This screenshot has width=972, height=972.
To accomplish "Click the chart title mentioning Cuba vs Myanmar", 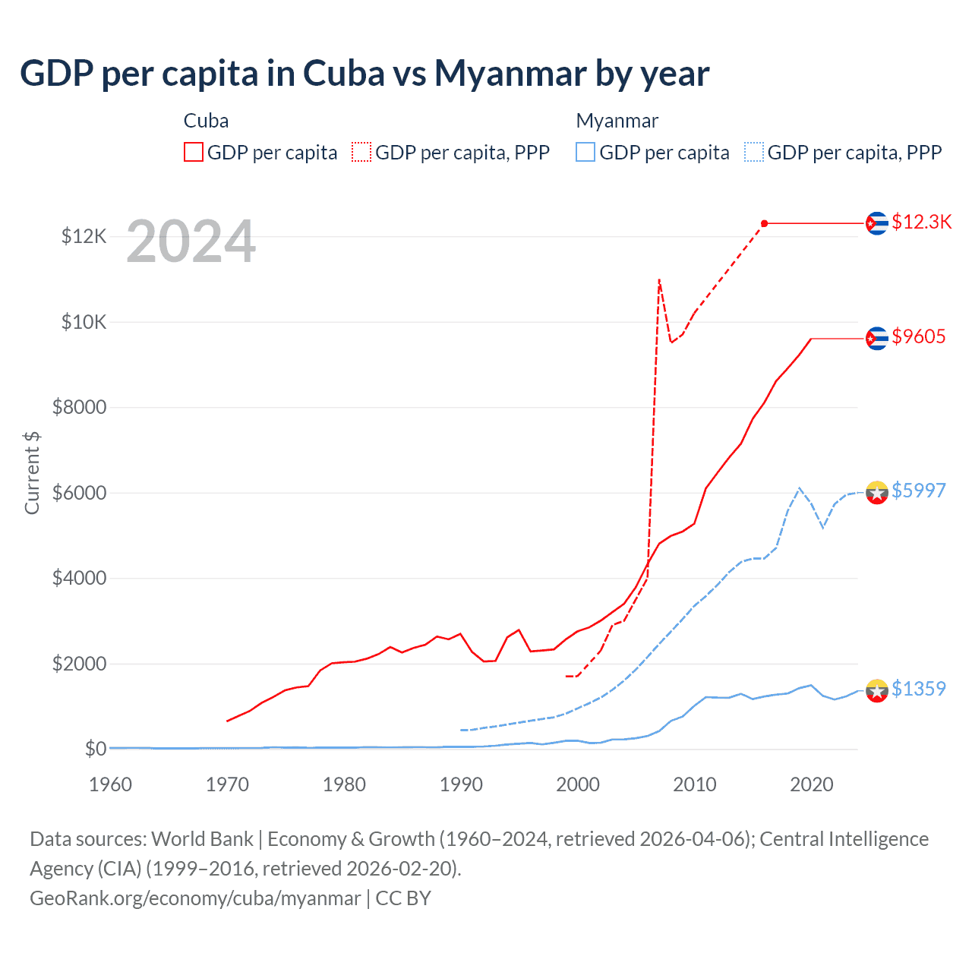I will pyautogui.click(x=364, y=74).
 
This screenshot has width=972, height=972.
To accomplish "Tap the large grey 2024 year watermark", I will pyautogui.click(x=191, y=241).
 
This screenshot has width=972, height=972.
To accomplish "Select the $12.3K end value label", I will pyautogui.click(x=921, y=222).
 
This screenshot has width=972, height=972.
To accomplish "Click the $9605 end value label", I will pyautogui.click(x=918, y=336).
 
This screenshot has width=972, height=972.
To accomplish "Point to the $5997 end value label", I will pyautogui.click(x=918, y=491).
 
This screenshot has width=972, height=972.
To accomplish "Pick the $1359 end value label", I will pyautogui.click(x=918, y=689).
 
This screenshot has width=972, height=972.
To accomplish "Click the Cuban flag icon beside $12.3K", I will pyautogui.click(x=877, y=223).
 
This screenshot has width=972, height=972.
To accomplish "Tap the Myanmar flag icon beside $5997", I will pyautogui.click(x=877, y=493).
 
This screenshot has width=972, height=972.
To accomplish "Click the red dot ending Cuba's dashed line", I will pyautogui.click(x=764, y=223).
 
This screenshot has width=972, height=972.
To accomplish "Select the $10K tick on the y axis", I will pyautogui.click(x=84, y=322).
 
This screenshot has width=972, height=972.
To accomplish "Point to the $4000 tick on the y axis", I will pyautogui.click(x=79, y=579).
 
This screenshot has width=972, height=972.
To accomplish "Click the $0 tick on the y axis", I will pyautogui.click(x=96, y=750).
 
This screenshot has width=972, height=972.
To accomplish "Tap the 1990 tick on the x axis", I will pyautogui.click(x=461, y=784).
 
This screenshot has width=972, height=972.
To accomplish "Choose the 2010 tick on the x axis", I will pyautogui.click(x=695, y=784).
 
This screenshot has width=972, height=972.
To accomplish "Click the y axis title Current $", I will pyautogui.click(x=32, y=472).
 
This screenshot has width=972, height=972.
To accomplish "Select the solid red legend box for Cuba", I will pyautogui.click(x=194, y=153).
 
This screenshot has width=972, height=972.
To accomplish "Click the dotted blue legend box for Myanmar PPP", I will pyautogui.click(x=754, y=153).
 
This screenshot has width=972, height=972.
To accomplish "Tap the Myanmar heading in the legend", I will pyautogui.click(x=617, y=121).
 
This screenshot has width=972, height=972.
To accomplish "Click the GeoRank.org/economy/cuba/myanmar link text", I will pyautogui.click(x=195, y=898).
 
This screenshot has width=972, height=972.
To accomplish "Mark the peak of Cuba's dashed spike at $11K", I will pyautogui.click(x=659, y=279).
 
